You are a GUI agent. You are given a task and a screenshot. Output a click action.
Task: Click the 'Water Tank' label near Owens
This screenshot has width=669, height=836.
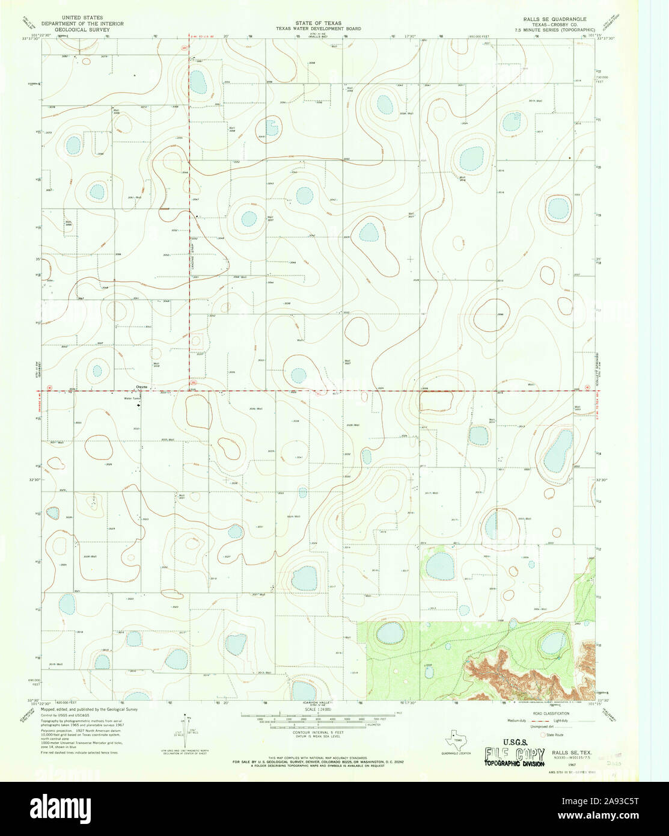(132, 398)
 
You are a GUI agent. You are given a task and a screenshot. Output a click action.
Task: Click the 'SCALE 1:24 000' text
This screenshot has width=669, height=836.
(318, 710)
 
